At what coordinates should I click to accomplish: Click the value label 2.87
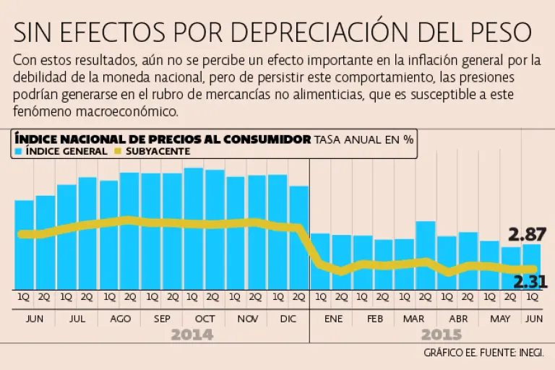tap(527, 235)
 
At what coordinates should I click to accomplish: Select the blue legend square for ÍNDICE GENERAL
tap(18, 152)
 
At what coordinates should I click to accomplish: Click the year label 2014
tap(192, 335)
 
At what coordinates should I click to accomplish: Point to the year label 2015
tap(442, 335)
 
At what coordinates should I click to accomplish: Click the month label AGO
tap(119, 319)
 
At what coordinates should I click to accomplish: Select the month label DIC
tap(288, 319)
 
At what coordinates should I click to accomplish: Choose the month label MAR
tap(414, 319)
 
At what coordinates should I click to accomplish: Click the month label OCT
tap(205, 319)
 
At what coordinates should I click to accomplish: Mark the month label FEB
tap(374, 319)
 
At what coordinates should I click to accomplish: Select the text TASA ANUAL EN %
tap(363, 139)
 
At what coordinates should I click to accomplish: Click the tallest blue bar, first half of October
tap(194, 228)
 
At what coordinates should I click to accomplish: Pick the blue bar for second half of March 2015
tap(426, 254)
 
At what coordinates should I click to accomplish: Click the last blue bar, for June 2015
tap(531, 266)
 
